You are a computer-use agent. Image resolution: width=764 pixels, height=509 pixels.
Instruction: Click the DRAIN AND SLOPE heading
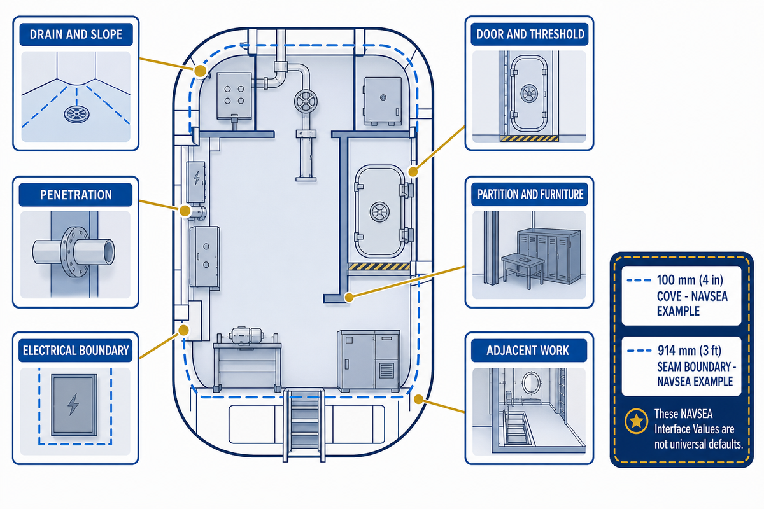pos(76,34)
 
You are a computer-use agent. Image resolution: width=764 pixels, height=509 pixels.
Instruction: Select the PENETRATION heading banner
pos(76,195)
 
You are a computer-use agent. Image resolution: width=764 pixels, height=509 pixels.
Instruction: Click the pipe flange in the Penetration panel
pos(74,251)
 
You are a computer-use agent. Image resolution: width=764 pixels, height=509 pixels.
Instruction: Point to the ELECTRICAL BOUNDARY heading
pos(76,351)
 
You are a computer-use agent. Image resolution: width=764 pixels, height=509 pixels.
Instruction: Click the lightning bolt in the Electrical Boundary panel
pos(73,404)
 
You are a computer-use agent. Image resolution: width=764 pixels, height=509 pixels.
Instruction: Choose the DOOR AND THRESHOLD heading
pos(530,34)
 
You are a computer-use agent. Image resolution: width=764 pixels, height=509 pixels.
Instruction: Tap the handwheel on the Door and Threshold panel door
pos(529,93)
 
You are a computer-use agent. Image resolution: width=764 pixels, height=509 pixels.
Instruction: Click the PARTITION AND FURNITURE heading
pos(530,194)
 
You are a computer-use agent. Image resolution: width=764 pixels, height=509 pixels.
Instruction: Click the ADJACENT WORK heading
pos(528,351)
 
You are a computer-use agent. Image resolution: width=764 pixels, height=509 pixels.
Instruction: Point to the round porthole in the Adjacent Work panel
pos(531,382)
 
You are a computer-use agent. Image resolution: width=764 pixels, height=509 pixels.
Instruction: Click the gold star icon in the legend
pos(637,421)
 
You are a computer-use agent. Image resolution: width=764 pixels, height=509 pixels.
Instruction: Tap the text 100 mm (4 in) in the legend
pos(690,280)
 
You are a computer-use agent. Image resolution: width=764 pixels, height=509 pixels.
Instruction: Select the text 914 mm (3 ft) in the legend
pos(690,351)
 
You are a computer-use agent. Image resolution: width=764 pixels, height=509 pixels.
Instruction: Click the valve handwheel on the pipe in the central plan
pos(306,101)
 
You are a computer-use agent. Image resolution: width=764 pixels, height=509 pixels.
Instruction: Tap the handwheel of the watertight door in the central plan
pos(379,212)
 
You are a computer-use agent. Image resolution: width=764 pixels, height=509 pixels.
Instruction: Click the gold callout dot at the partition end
pos(349,297)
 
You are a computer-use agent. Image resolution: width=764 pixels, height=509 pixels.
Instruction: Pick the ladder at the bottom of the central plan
pos(304,425)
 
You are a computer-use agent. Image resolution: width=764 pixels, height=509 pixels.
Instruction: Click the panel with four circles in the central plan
pos(234,96)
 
